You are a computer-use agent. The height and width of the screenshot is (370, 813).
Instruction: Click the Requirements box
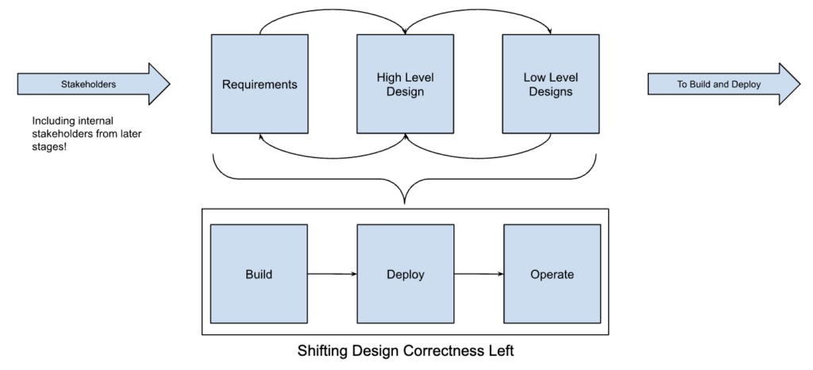pos(260,84)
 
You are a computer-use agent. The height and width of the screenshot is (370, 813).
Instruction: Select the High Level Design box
pos(405,84)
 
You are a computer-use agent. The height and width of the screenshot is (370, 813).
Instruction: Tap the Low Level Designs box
pos(551,84)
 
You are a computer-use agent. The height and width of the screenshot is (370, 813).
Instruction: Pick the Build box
pos(259,274)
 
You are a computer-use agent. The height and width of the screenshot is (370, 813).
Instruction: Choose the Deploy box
pos(406,274)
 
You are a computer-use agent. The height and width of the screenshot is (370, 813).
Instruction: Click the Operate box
pos(553,274)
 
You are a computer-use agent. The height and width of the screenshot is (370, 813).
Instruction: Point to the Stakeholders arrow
pos(94,84)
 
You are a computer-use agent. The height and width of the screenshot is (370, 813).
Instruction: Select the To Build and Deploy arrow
pos(724,84)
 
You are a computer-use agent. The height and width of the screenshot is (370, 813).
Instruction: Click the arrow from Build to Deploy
pos(333,274)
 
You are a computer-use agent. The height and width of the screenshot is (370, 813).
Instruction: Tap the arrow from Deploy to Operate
pos(479,274)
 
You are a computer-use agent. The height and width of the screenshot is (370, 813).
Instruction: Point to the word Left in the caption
pos(502,350)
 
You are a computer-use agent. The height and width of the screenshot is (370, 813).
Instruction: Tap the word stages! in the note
pos(49,147)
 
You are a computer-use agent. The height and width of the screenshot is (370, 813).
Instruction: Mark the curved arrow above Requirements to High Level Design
pos(333,10)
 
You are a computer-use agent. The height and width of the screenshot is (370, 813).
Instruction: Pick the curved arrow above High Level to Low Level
pos(478,10)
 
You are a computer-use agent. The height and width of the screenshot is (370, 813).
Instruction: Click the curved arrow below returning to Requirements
pos(333,157)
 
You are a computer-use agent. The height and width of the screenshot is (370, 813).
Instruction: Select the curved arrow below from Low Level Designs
pos(478,157)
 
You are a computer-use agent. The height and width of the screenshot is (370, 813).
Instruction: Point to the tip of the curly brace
pos(404,204)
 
